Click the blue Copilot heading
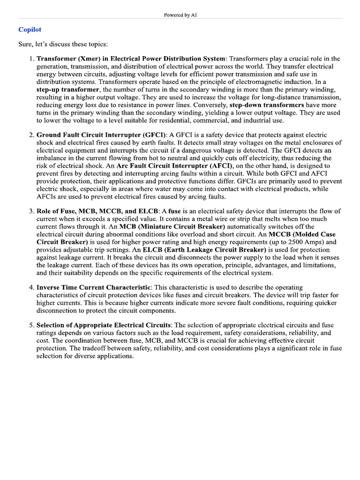[x=30, y=30]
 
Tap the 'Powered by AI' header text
[x=180, y=15]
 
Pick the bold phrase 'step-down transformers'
[x=267, y=105]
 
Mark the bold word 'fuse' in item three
[x=174, y=211]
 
